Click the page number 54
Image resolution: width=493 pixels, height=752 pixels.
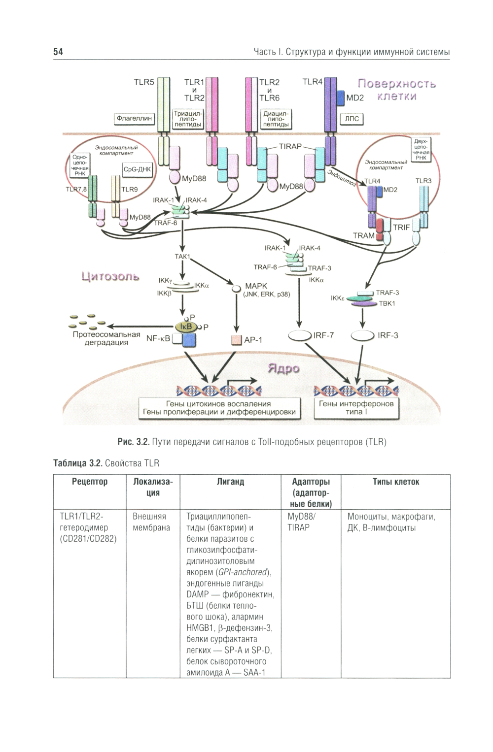(58, 52)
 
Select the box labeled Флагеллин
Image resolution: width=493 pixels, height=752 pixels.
(134, 119)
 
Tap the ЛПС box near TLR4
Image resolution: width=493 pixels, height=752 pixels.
(352, 119)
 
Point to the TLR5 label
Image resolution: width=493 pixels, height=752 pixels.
(144, 83)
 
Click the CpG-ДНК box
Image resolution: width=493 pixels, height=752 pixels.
(138, 169)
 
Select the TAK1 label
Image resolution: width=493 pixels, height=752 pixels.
(182, 257)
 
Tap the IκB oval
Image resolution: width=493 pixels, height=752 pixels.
(186, 326)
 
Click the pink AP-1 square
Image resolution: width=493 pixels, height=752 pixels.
(236, 340)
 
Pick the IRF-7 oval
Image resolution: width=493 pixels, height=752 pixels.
(300, 335)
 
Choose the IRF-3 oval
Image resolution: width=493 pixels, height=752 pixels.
(362, 335)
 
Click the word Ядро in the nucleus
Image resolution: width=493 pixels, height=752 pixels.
(283, 368)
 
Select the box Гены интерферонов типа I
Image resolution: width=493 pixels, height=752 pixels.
(356, 408)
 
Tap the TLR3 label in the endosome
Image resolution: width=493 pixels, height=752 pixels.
(423, 181)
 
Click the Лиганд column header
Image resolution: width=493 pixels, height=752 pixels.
(230, 482)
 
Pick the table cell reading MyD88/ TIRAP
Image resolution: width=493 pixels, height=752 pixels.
(301, 522)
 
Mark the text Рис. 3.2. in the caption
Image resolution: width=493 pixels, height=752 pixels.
(133, 442)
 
